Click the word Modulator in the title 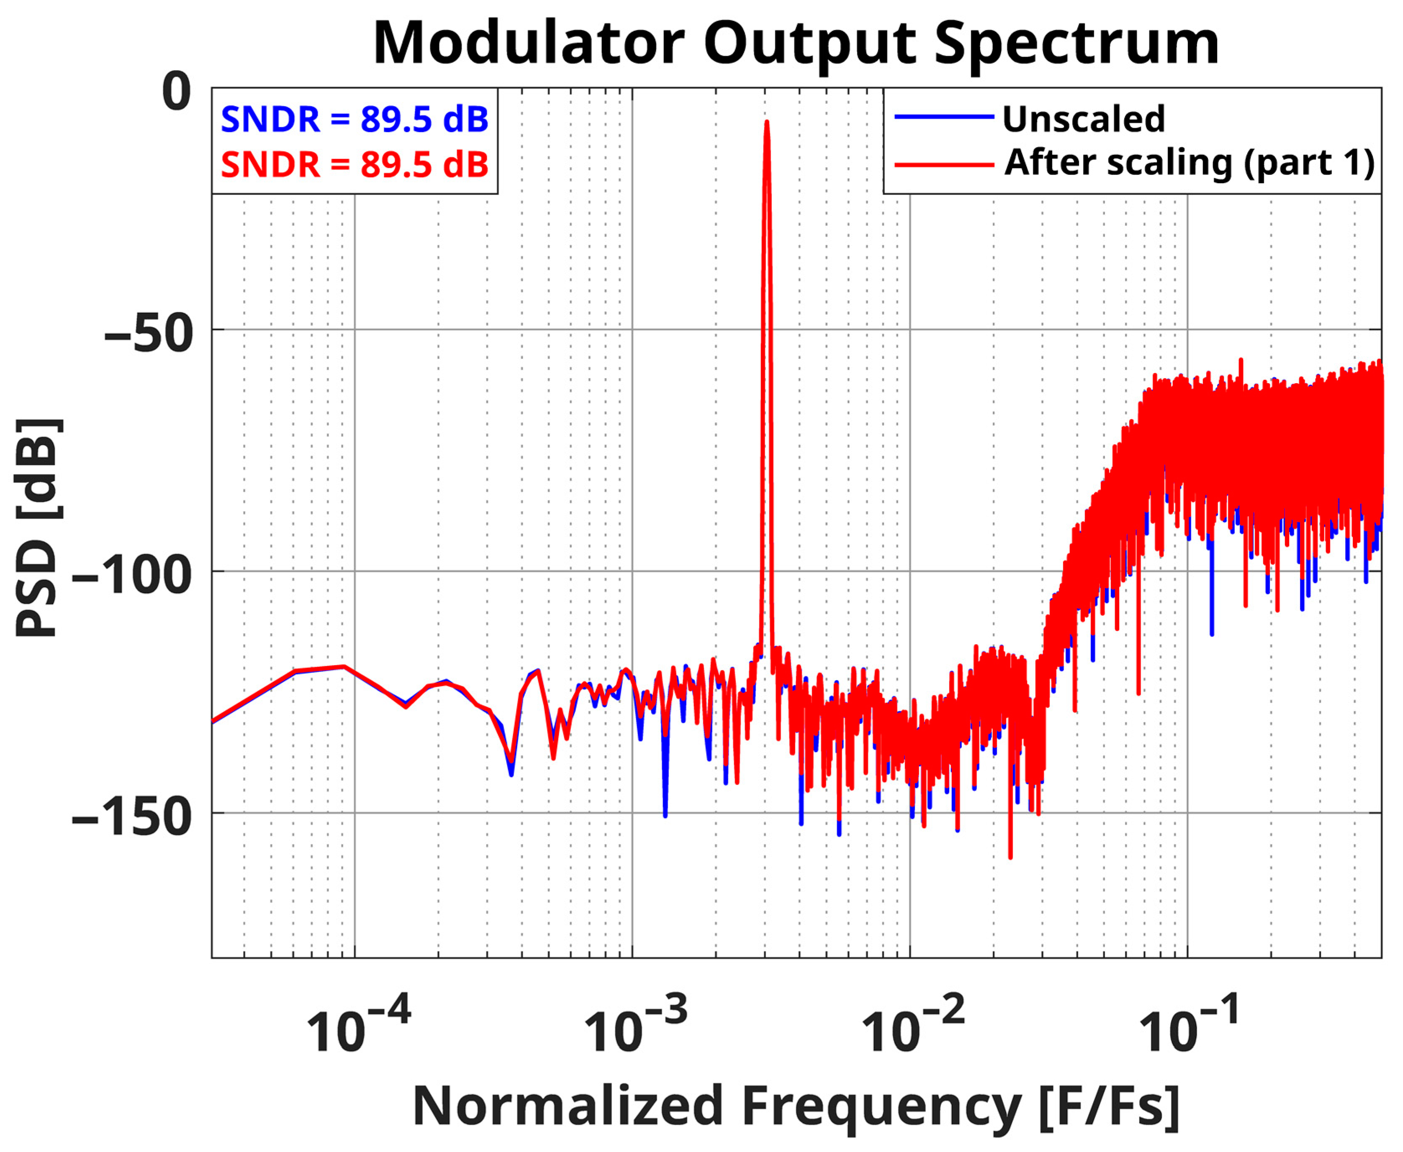coord(529,44)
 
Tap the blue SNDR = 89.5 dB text coord(355,120)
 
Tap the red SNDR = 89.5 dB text coord(355,164)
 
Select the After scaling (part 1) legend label coord(1189,163)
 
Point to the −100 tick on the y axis coord(132,575)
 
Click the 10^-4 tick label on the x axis coord(357,1027)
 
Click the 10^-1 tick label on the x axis coord(1189,1027)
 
